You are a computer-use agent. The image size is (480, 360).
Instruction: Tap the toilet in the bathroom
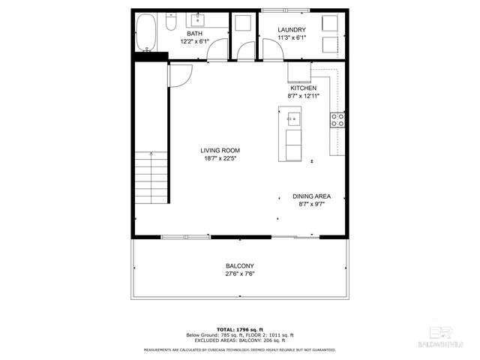coord(170,24)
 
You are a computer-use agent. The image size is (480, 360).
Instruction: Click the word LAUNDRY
coord(290,29)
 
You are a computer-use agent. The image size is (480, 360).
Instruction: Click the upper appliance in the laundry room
coord(330,22)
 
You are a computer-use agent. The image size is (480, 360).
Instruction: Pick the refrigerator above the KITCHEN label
coord(298,72)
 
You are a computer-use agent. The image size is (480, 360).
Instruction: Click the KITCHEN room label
coord(303,88)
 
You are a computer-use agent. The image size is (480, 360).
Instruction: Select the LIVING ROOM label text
coord(220,150)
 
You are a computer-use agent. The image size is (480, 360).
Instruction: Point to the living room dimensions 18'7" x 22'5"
coord(220,158)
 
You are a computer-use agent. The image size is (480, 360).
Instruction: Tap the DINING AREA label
coord(311,196)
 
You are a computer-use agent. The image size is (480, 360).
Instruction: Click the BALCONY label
coord(240,266)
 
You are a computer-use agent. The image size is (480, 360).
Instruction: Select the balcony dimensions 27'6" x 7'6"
coord(240,274)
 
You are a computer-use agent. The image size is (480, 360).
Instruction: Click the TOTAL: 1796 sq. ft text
coord(240,329)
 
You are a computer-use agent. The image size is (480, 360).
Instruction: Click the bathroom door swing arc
coord(218,51)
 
